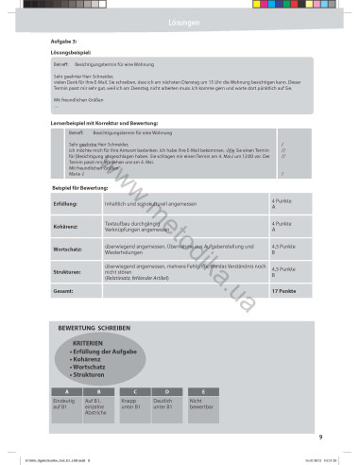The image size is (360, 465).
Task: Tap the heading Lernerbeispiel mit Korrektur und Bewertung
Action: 104,124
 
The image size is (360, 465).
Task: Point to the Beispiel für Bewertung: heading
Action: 85,189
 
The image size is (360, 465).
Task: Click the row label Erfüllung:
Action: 66,203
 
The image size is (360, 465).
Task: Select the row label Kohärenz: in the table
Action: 66,226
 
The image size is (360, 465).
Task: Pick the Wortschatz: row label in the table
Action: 68,249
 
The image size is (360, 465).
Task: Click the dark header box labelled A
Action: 66,390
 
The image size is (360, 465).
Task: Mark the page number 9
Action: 321,436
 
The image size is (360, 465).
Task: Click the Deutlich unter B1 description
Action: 167,405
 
